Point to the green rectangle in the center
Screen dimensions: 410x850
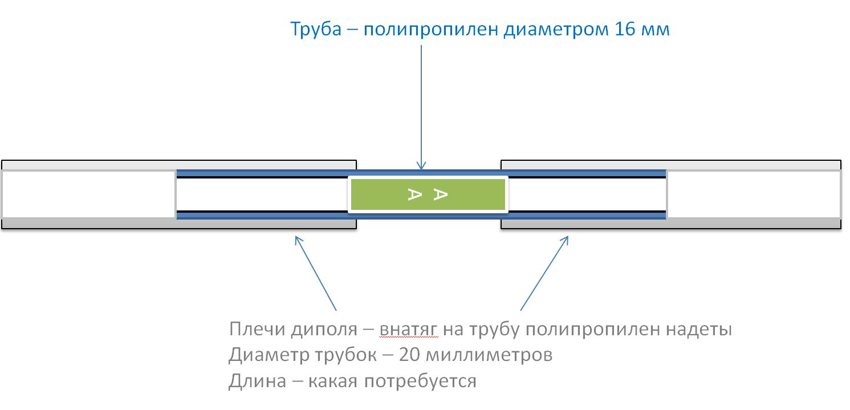coord(428,194)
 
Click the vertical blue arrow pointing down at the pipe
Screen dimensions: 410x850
coord(421,108)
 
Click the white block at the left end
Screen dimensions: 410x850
coord(88,194)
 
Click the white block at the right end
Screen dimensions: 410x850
coord(754,194)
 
